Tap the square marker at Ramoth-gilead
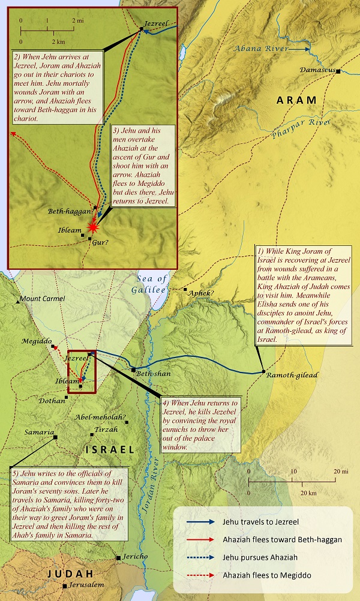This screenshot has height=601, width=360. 264,372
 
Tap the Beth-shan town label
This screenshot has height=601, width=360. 153,374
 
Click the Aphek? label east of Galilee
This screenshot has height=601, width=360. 201,293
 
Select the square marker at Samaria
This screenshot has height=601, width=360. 55,437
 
